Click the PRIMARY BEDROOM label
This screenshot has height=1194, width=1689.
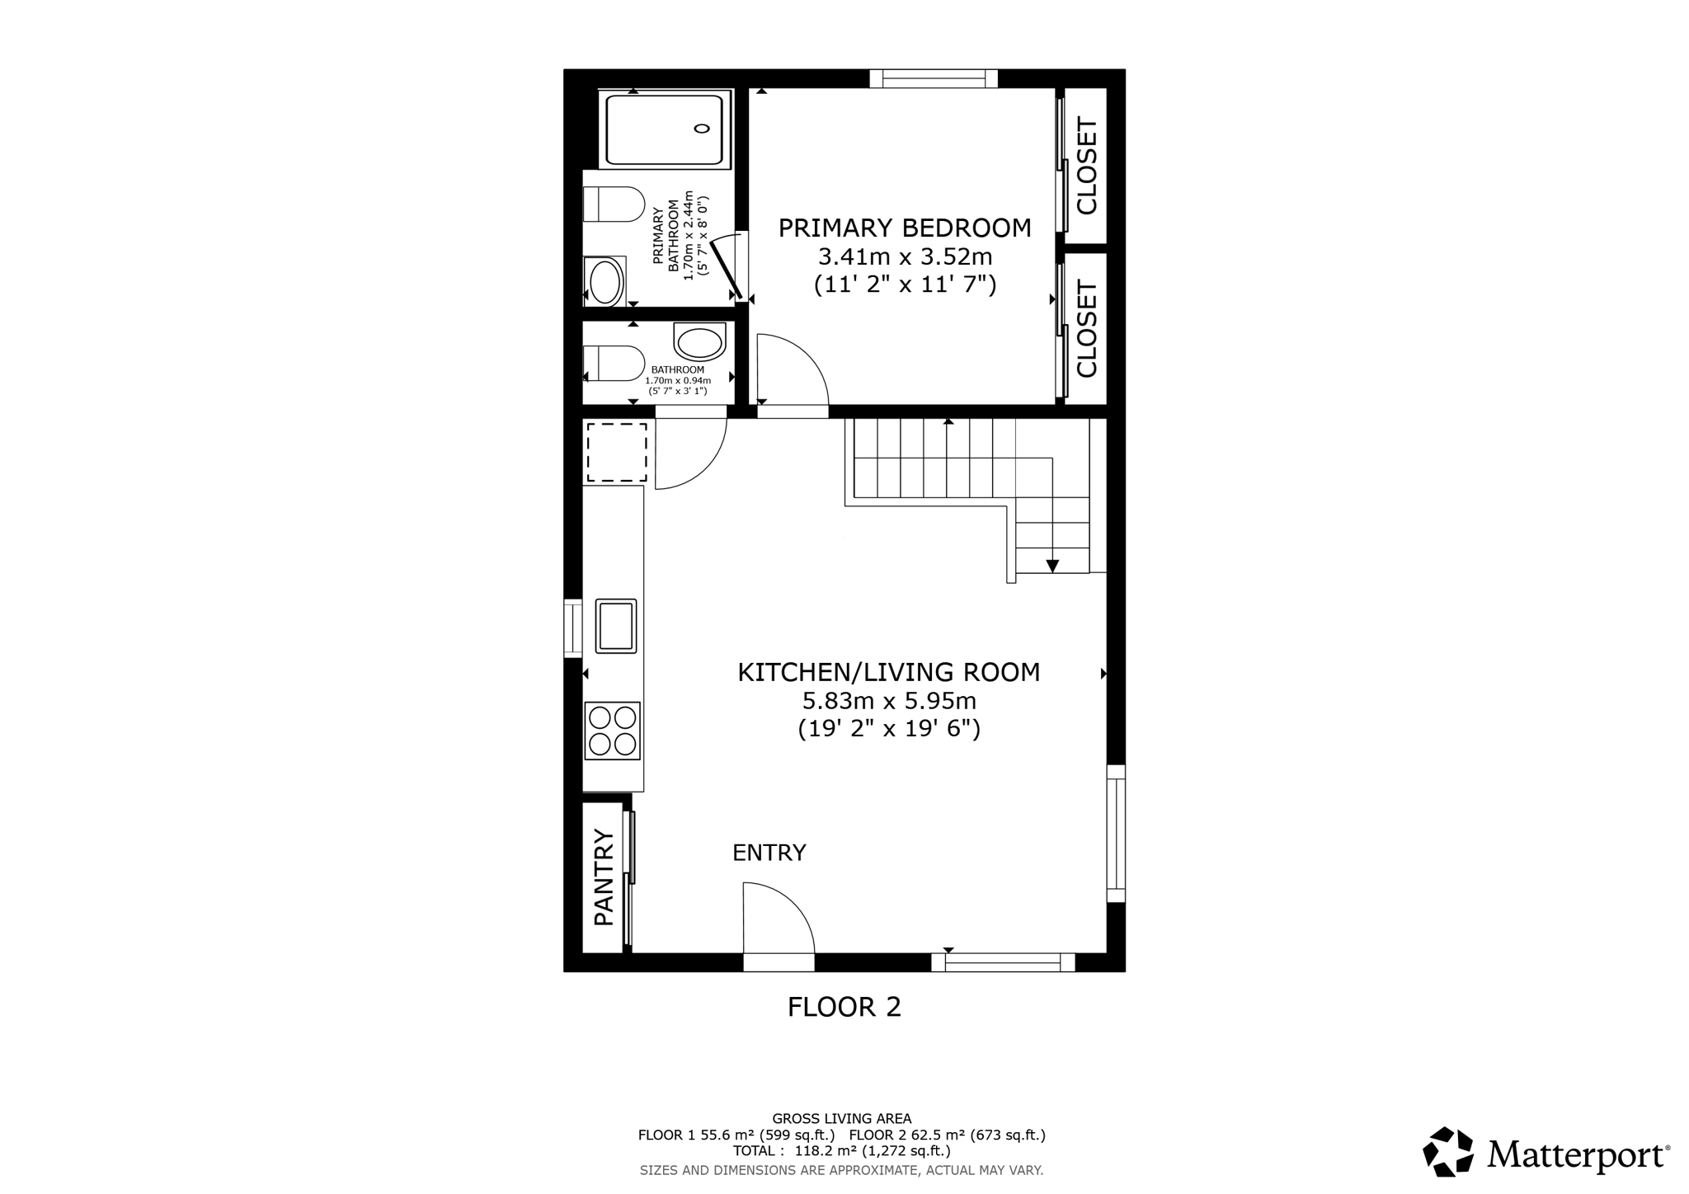pyautogui.click(x=905, y=228)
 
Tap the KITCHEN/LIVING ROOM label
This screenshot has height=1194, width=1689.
pyautogui.click(x=888, y=673)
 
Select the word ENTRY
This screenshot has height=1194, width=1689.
pyautogui.click(x=769, y=853)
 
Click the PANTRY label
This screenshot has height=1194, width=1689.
pyautogui.click(x=605, y=877)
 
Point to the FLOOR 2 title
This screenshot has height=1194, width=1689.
pyautogui.click(x=844, y=1007)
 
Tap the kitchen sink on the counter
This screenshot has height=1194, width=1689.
pyautogui.click(x=616, y=626)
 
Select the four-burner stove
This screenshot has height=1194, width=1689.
pyautogui.click(x=613, y=731)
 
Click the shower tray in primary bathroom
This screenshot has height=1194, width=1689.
pyautogui.click(x=665, y=129)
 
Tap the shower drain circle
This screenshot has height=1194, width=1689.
pyautogui.click(x=702, y=128)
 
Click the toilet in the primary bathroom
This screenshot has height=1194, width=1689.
pyautogui.click(x=613, y=204)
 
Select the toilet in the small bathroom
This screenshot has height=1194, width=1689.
pyautogui.click(x=614, y=363)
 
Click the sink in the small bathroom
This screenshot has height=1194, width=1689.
pyautogui.click(x=699, y=341)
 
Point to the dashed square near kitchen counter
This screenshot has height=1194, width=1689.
pyautogui.click(x=617, y=452)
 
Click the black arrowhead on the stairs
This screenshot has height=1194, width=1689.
pyautogui.click(x=1052, y=566)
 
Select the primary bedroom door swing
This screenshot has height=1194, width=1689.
pyautogui.click(x=791, y=370)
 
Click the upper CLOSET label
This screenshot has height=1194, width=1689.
pyautogui.click(x=1086, y=167)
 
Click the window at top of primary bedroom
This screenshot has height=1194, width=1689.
pyautogui.click(x=934, y=79)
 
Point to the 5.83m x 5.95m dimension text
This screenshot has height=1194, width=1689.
pyautogui.click(x=888, y=702)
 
